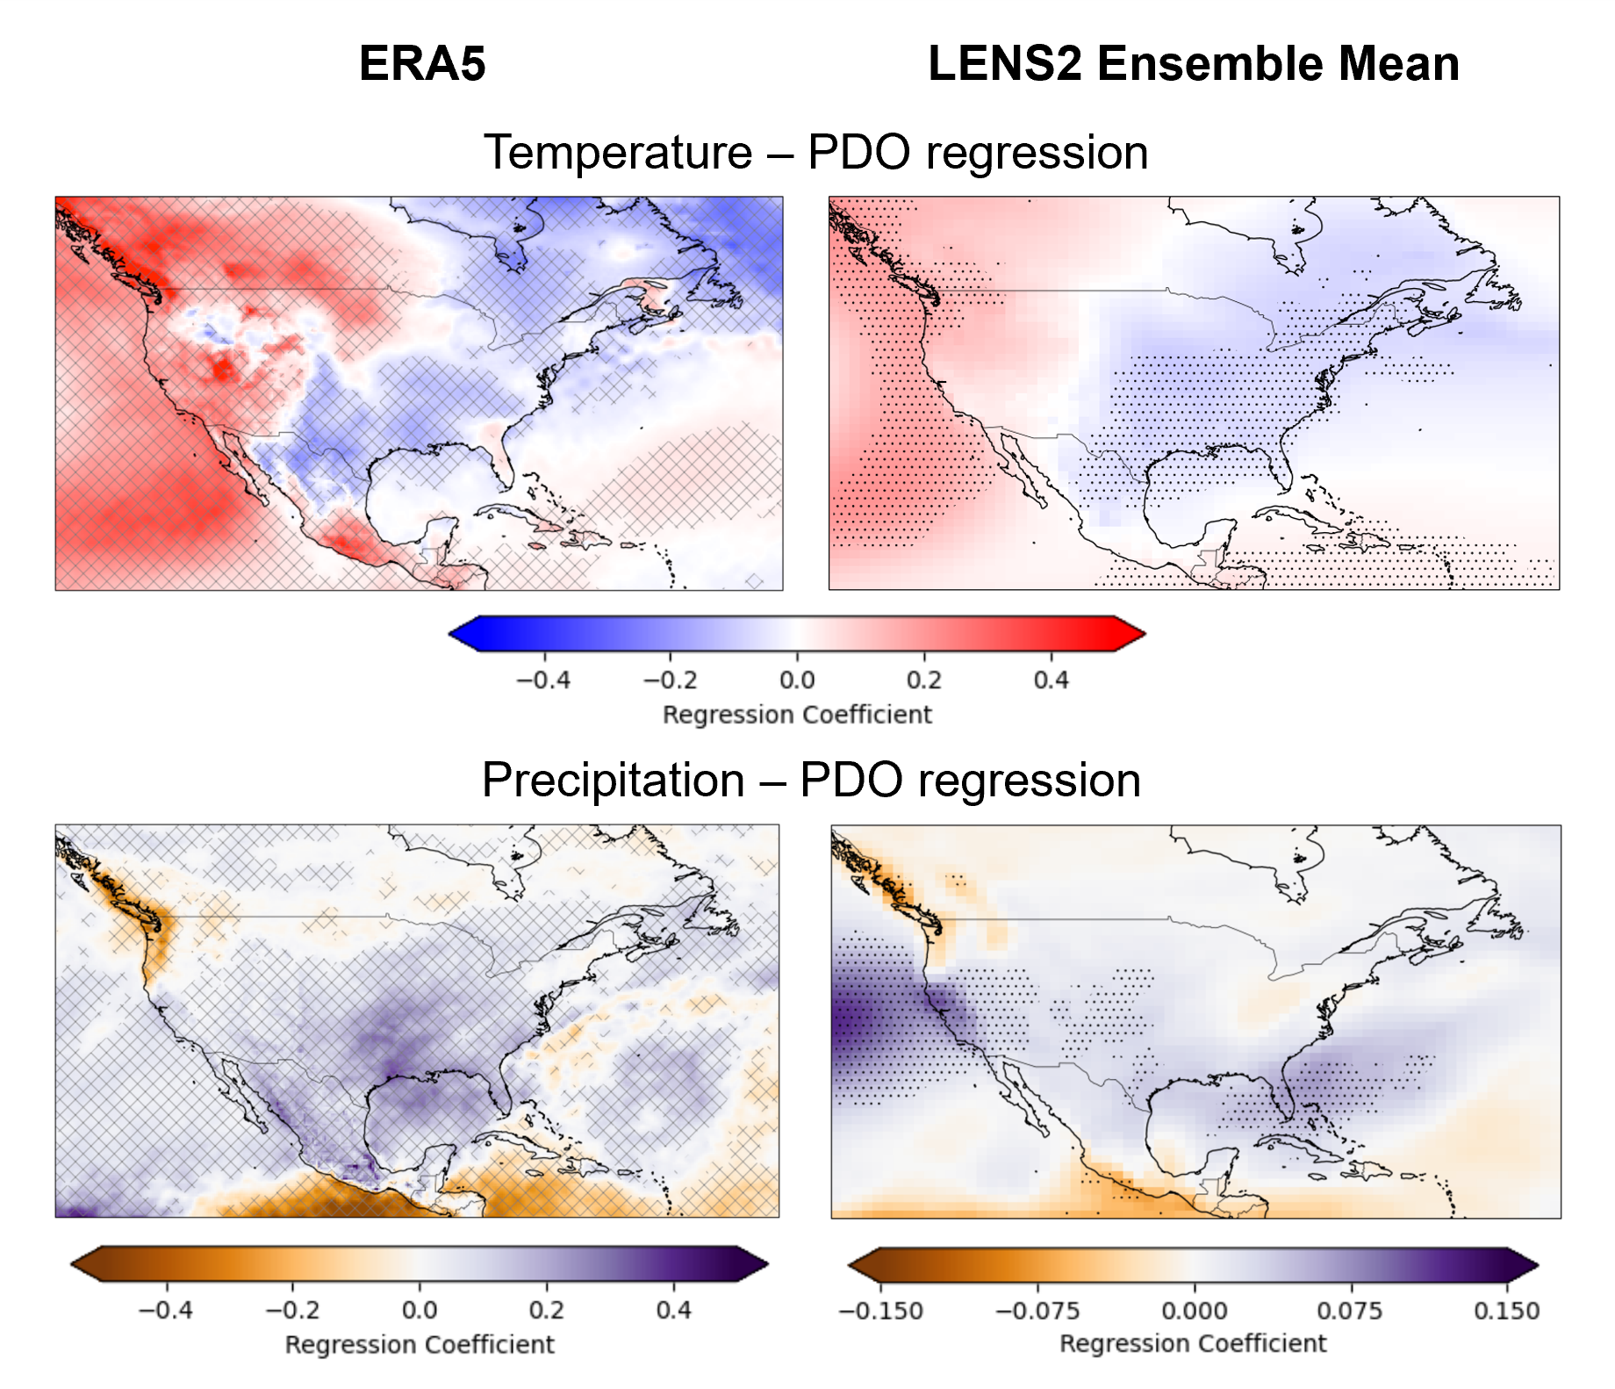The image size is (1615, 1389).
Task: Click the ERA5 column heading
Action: tap(422, 64)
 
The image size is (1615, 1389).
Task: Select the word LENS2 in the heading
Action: tap(1005, 64)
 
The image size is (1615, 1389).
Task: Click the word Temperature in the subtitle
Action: tap(618, 153)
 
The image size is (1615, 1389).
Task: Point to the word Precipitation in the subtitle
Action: tap(614, 781)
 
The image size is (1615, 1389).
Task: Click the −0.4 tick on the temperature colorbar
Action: tap(543, 680)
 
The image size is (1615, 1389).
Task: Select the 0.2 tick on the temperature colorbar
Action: tap(923, 680)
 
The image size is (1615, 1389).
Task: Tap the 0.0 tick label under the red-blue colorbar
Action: tap(797, 680)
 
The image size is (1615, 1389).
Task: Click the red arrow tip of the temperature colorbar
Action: tap(1133, 633)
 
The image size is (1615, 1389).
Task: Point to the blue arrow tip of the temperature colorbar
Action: tap(460, 633)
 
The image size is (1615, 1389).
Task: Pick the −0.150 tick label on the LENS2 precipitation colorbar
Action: tap(880, 1311)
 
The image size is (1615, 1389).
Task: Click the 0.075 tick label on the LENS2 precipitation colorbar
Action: tap(1350, 1311)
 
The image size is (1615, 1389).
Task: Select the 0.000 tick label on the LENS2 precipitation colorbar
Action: tap(1194, 1311)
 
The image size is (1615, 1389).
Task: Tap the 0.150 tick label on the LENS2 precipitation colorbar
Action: tap(1506, 1311)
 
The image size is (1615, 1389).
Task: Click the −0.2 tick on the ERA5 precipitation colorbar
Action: tap(292, 1310)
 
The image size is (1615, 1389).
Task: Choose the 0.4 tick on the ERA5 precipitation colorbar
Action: tap(673, 1310)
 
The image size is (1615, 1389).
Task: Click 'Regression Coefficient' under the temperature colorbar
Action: tap(797, 715)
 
